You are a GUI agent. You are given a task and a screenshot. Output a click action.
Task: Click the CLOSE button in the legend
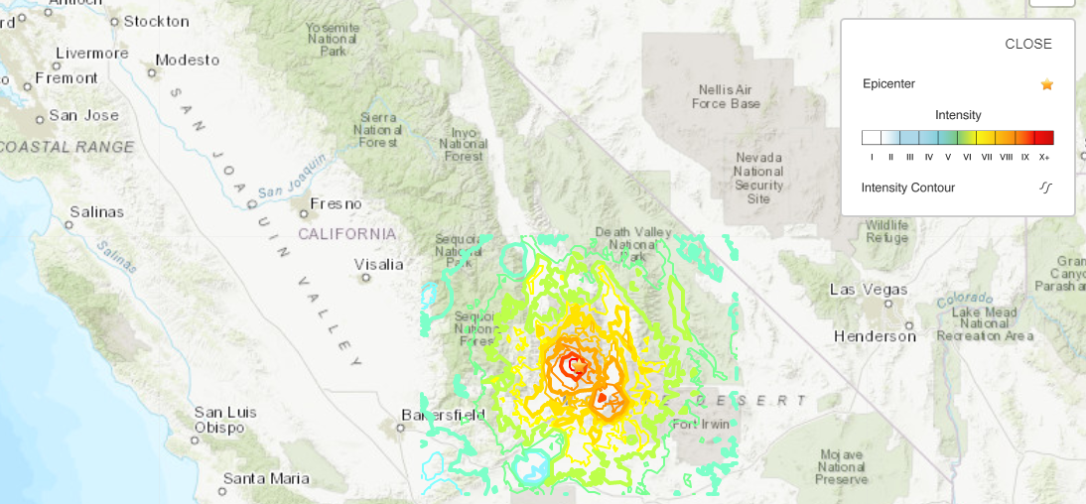point(1027,44)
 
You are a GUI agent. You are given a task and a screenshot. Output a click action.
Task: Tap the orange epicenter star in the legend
point(1046,84)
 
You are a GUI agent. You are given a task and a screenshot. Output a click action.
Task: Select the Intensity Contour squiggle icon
point(1045,188)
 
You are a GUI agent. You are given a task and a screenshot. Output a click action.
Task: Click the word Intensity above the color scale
point(957,115)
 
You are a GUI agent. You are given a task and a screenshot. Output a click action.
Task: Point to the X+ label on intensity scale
point(1043,157)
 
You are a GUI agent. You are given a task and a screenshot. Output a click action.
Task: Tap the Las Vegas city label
point(868,290)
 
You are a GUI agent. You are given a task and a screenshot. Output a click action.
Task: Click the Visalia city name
point(379,264)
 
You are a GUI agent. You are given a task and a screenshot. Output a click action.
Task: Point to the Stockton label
point(156,21)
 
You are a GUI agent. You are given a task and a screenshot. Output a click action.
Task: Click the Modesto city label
point(187,60)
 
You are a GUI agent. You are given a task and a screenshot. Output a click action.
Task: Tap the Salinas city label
point(96,211)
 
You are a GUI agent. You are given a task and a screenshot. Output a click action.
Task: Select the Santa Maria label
point(265,478)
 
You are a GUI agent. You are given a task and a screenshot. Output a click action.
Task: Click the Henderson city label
point(875,336)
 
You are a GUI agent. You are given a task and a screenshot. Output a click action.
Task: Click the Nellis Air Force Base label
point(730,96)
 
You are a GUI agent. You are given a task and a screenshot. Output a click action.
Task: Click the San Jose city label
point(83,115)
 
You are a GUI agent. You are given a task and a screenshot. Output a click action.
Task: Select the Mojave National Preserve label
point(842,467)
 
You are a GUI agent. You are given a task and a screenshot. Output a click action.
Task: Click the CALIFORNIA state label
point(347,234)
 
